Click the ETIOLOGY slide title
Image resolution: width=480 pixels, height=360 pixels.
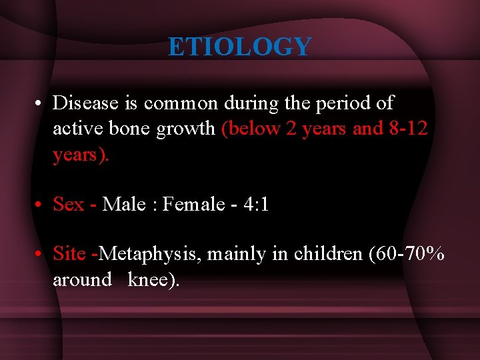pos(239,47)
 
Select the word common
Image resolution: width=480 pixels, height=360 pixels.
pos(181,103)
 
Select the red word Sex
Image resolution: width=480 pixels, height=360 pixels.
pos(69,204)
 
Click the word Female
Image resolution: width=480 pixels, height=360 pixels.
pos(194,204)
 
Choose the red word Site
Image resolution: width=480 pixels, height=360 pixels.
pos(69,253)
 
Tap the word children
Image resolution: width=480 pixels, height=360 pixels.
pos(325,253)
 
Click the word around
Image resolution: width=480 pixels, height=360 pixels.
pos(82,279)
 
